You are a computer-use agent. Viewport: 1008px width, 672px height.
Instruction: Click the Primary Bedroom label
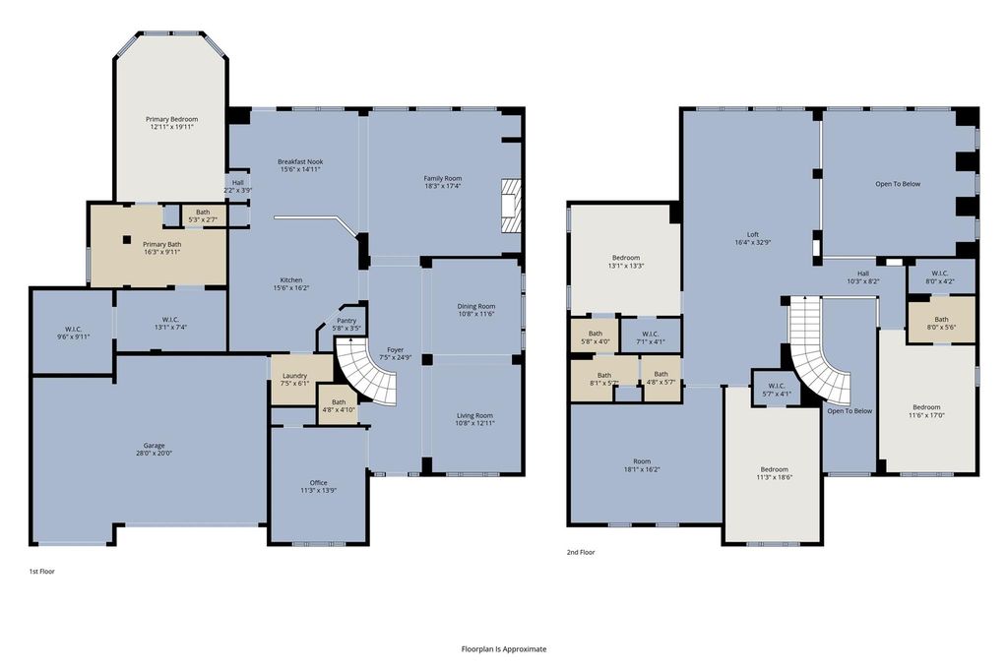171,119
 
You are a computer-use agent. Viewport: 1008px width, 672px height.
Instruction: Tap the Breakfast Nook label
300,162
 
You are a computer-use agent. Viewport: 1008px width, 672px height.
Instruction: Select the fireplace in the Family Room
510,206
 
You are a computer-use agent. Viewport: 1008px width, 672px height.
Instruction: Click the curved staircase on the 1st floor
371,374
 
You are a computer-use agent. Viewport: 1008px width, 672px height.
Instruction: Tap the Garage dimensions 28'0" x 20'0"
154,453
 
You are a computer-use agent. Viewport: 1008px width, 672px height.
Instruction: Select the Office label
318,482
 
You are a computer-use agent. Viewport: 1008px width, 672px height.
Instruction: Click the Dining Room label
476,306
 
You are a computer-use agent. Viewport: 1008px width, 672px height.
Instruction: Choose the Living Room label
475,415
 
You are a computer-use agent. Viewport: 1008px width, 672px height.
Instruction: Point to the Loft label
753,234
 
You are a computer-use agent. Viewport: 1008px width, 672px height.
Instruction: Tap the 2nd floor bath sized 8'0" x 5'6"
941,320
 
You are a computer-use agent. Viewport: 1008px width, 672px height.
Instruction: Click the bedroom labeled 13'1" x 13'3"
625,260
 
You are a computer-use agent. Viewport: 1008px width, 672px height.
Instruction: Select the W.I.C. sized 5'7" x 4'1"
776,388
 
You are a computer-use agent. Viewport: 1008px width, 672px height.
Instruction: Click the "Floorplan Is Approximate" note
504,648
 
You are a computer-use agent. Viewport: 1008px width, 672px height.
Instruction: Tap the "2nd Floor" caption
581,552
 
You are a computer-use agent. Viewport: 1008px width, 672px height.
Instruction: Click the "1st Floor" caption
41,571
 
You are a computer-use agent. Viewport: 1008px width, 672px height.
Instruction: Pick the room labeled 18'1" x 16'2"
646,462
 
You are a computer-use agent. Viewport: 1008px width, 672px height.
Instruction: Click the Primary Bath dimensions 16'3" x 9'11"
162,252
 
